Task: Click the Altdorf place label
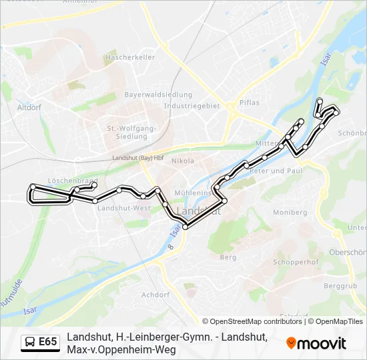tap(29, 107)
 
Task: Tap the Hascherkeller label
tap(130, 58)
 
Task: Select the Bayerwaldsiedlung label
tap(158, 95)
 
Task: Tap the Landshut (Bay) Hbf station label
tap(138, 158)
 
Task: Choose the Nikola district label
tap(183, 161)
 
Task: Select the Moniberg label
tap(290, 212)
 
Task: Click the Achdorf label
tap(155, 294)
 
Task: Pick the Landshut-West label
tap(123, 208)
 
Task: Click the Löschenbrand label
tap(73, 181)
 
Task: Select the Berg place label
tap(228, 257)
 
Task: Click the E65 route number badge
tap(47, 342)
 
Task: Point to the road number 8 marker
tap(171, 247)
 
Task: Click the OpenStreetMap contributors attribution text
tap(253, 321)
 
